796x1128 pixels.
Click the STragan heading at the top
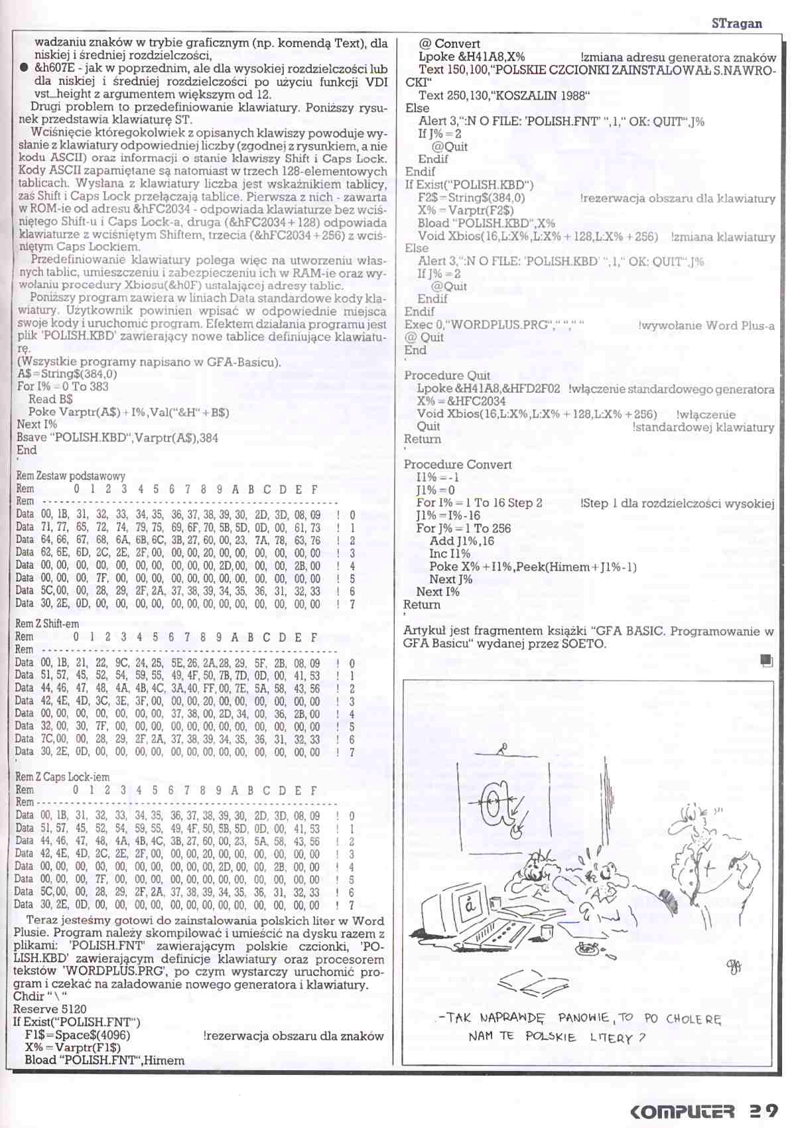pos(736,23)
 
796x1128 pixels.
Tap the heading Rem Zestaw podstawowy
pos(70,476)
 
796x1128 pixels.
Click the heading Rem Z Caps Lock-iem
pos(62,776)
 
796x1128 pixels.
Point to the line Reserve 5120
pos(50,1010)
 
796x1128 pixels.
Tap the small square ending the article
pos(767,660)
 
